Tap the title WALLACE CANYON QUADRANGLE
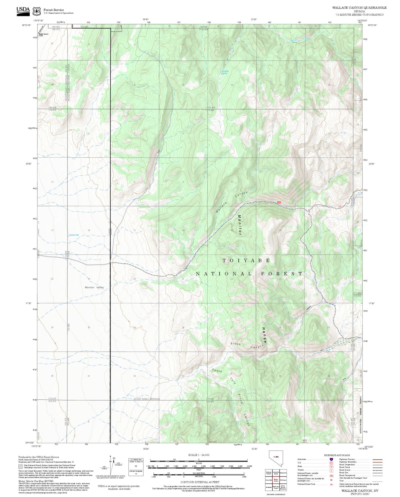pyautogui.click(x=359, y=7)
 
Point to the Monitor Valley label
pyautogui.click(x=94, y=288)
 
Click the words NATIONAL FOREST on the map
pyautogui.click(x=249, y=274)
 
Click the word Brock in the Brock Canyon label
pyautogui.click(x=236, y=344)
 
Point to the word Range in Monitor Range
pyautogui.click(x=264, y=335)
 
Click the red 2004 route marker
pyautogui.click(x=279, y=202)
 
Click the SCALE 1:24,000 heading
pyautogui.click(x=199, y=455)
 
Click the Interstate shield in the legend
pyautogui.click(x=331, y=459)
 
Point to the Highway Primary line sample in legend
pyautogui.click(x=378, y=459)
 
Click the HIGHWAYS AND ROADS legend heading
pyautogui.click(x=337, y=455)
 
